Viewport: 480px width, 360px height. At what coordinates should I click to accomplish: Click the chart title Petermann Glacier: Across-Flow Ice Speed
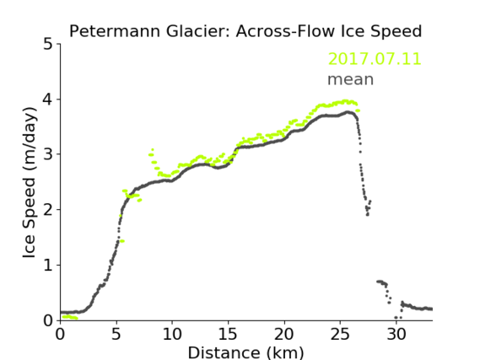pyautogui.click(x=245, y=31)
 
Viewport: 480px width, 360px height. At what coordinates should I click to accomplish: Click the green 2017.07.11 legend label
pyautogui.click(x=375, y=59)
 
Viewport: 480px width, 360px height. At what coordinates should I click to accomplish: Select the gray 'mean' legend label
pyautogui.click(x=351, y=79)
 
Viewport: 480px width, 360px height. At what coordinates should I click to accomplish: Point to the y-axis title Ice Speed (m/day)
pyautogui.click(x=30, y=183)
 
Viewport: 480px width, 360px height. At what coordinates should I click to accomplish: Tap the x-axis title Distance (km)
pyautogui.click(x=245, y=352)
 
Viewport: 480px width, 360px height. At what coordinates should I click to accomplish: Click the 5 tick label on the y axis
pyautogui.click(x=48, y=44)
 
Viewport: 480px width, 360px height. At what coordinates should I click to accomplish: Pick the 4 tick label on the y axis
pyautogui.click(x=48, y=99)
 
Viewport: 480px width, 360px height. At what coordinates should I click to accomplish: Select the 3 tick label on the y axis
pyautogui.click(x=48, y=154)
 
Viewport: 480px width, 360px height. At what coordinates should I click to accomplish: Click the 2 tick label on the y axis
pyautogui.click(x=48, y=210)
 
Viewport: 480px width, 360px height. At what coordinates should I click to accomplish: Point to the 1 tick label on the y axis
pyautogui.click(x=48, y=266)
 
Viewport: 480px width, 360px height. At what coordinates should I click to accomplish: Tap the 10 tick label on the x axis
pyautogui.click(x=172, y=334)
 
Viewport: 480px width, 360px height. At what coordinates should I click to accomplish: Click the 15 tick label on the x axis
pyautogui.click(x=228, y=334)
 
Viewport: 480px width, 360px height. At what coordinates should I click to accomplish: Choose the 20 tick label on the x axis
pyautogui.click(x=284, y=334)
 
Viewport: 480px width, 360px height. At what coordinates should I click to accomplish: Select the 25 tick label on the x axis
pyautogui.click(x=340, y=334)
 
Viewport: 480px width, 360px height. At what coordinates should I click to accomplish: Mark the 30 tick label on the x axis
pyautogui.click(x=396, y=334)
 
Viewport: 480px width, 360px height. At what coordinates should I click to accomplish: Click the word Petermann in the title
pyautogui.click(x=115, y=31)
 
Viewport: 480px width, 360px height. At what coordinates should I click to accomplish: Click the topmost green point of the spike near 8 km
pyautogui.click(x=153, y=149)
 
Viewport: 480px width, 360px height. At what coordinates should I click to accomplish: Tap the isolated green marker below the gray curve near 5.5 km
pyautogui.click(x=122, y=241)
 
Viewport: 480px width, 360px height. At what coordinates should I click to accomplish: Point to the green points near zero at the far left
pyautogui.click(x=70, y=317)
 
